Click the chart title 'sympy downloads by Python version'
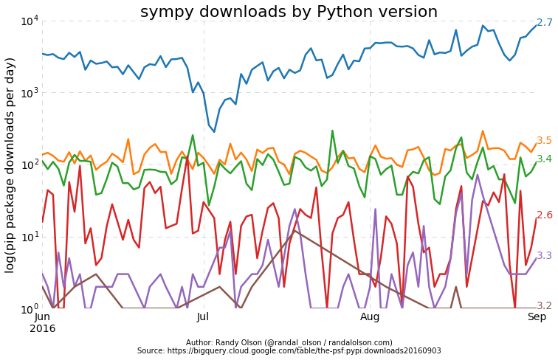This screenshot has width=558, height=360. tap(289, 12)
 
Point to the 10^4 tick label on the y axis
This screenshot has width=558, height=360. tap(29, 21)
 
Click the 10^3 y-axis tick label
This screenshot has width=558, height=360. tap(29, 93)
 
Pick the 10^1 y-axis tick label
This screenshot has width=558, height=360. tap(29, 237)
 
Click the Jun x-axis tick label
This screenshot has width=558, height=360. tap(42, 317)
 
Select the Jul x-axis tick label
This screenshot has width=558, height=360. tap(203, 317)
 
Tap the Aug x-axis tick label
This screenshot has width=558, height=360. tap(370, 317)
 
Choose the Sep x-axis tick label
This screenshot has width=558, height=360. tap(537, 317)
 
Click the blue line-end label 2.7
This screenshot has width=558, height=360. tap(544, 23)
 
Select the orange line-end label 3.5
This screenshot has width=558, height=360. tap(544, 141)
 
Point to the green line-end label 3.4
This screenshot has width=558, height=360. tap(544, 159)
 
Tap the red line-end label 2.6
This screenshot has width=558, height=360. tap(544, 215)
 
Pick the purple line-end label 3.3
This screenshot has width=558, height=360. tap(544, 256)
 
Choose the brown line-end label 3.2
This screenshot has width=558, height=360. tap(544, 306)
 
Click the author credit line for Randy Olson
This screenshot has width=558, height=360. tap(289, 342)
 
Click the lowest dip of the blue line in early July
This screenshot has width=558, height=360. tap(215, 131)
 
